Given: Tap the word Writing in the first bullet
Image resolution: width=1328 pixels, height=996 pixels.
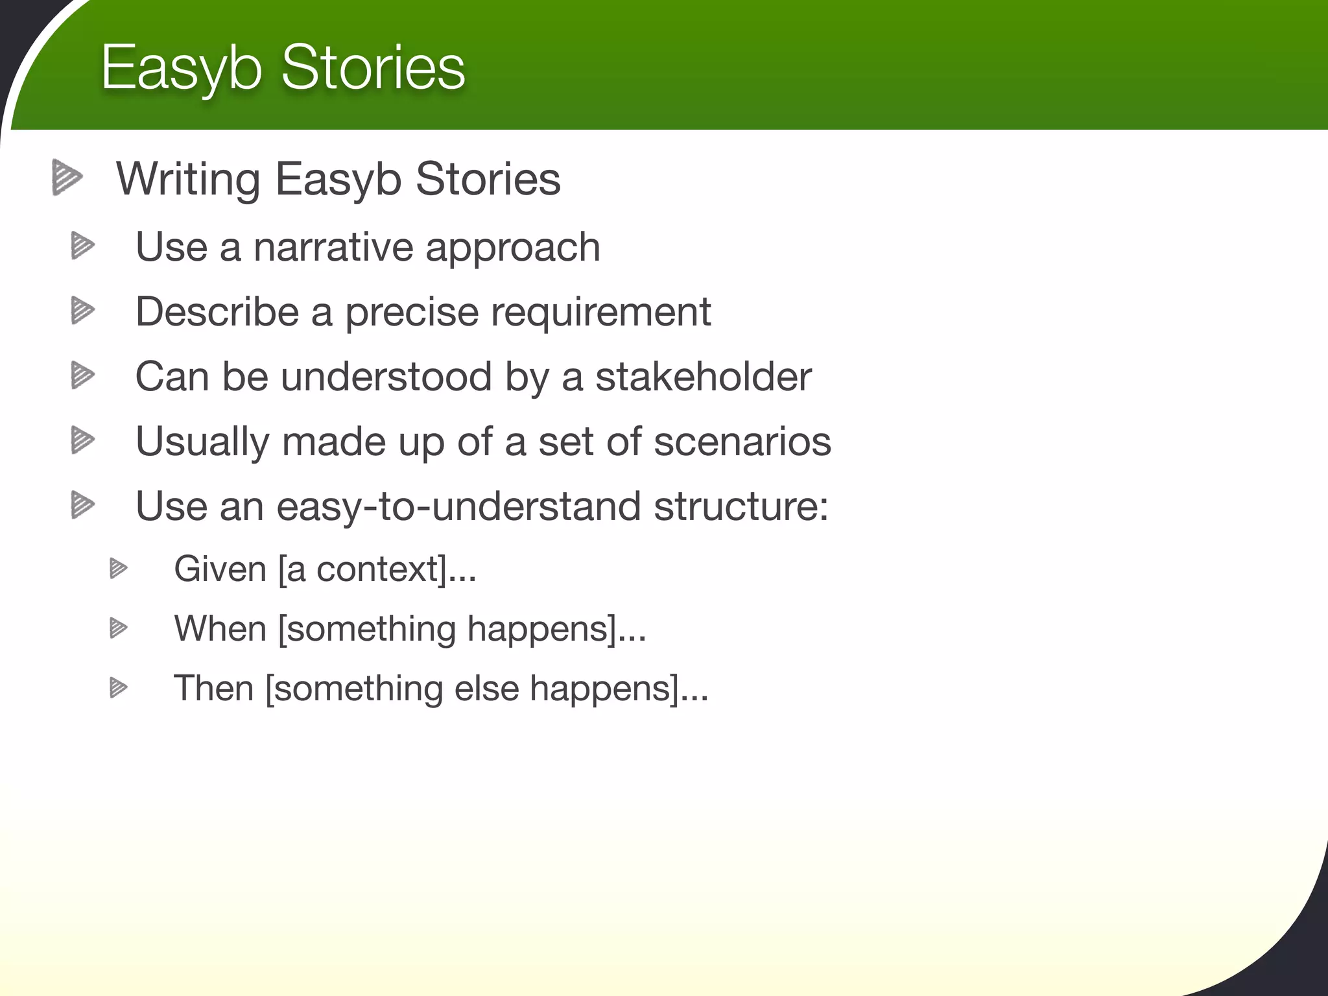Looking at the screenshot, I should tap(188, 180).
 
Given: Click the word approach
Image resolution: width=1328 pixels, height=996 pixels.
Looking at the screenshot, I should tap(512, 248).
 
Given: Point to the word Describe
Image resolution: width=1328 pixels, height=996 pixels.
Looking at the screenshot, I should tap(216, 312).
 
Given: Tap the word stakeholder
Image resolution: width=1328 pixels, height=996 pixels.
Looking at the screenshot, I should tap(703, 377).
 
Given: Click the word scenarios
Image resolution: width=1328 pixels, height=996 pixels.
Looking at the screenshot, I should tap(742, 442).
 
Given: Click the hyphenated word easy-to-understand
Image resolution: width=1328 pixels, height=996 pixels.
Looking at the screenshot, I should tap(458, 506).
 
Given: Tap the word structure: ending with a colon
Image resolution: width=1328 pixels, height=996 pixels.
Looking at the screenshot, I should tap(741, 506).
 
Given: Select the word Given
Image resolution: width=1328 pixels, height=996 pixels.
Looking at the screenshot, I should tap(220, 569).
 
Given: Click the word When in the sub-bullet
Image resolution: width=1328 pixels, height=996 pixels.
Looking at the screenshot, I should tap(220, 628).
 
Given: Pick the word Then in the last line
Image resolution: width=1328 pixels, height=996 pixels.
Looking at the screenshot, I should tap(213, 688).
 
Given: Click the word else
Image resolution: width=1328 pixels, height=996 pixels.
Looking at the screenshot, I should tap(486, 688).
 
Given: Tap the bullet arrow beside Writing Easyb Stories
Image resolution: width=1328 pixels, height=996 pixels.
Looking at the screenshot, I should tap(67, 177).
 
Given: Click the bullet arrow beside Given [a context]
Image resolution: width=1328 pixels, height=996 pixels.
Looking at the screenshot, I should tap(118, 569).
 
